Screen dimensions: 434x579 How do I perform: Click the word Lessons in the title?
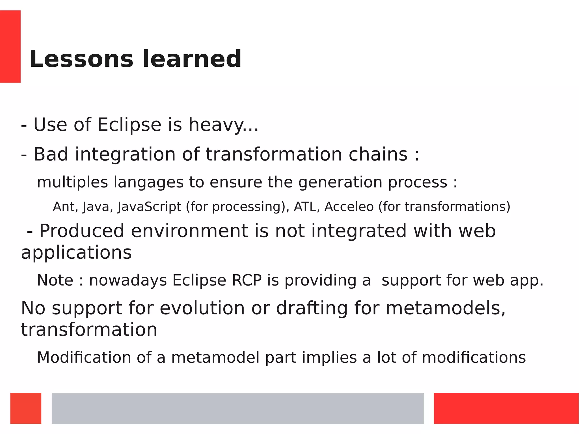tap(81, 59)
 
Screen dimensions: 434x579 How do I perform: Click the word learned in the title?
tap(192, 59)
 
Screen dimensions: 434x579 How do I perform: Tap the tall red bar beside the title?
tap(10, 46)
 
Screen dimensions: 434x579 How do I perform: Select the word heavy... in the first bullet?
tap(223, 125)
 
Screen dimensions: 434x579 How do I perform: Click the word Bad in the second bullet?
tap(51, 154)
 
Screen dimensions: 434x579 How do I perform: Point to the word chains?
tap(378, 154)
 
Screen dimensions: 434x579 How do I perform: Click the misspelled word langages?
tap(149, 182)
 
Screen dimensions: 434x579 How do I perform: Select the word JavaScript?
tap(149, 207)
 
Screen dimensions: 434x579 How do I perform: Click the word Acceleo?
tap(349, 207)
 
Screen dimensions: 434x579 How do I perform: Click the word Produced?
tap(82, 231)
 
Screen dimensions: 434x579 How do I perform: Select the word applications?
tap(76, 252)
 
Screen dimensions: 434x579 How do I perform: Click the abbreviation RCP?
tap(247, 280)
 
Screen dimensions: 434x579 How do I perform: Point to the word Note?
tap(55, 280)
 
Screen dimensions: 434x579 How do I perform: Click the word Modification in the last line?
tap(84, 357)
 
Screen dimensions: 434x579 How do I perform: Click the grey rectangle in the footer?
tap(237, 408)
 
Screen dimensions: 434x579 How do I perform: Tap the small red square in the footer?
tap(26, 408)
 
